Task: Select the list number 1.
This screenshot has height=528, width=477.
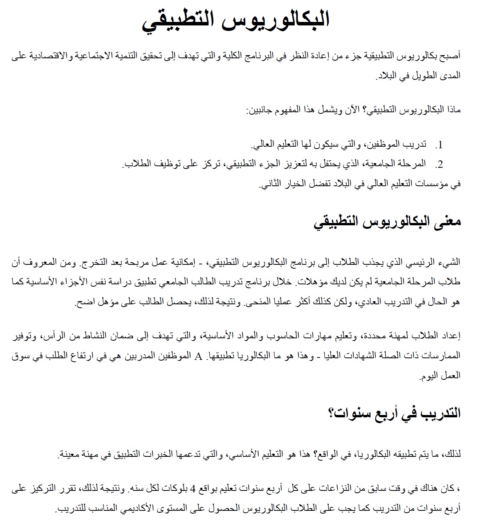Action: (x=440, y=145)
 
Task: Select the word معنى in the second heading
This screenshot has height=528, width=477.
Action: (x=446, y=222)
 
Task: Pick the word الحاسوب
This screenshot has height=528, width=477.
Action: (x=285, y=336)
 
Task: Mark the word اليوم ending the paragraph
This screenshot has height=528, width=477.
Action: (x=429, y=376)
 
